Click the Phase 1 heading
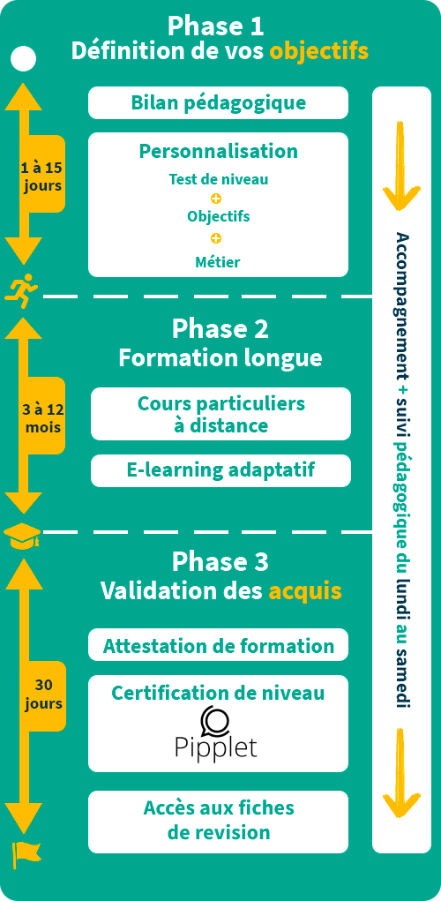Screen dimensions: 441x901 click(215, 26)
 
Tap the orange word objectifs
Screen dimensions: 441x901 click(318, 52)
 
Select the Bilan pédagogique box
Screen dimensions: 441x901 click(218, 103)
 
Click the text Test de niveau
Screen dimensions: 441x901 click(218, 179)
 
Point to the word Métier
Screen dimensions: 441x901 click(218, 262)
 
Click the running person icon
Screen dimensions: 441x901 click(21, 292)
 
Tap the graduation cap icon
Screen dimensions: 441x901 click(22, 537)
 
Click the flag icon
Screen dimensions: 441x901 click(26, 854)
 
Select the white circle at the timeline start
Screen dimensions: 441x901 click(24, 58)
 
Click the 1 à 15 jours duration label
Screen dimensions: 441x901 click(41, 177)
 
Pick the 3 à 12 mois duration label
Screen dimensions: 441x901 click(42, 418)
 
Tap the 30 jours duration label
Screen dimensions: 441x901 click(43, 694)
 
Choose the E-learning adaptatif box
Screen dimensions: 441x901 click(220, 470)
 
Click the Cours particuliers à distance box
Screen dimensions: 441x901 click(220, 414)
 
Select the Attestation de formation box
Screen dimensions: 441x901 click(218, 645)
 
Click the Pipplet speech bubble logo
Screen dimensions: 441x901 click(215, 718)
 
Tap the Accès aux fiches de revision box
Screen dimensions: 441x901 click(218, 822)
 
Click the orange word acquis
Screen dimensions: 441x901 click(305, 590)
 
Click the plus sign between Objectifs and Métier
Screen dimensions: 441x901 click(216, 238)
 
